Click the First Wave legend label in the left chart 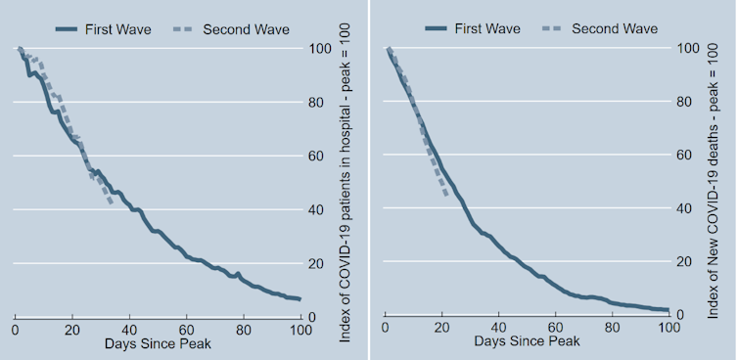[x=117, y=29]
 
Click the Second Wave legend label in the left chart [x=246, y=29]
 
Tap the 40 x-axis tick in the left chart [x=129, y=330]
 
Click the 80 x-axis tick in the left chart [x=244, y=330]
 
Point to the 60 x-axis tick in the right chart [x=556, y=330]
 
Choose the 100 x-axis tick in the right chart [x=669, y=330]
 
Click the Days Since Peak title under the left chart [x=157, y=344]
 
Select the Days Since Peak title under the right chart [x=527, y=344]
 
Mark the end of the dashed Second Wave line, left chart [x=112, y=203]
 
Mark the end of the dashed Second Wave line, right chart [x=446, y=195]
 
